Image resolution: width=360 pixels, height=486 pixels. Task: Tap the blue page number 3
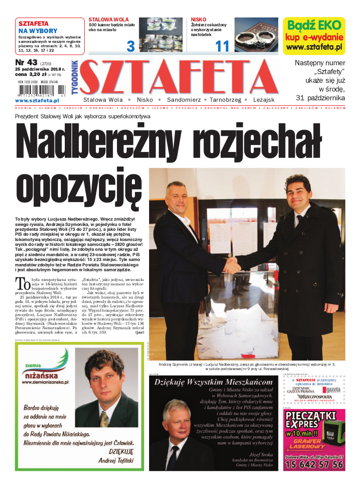(x=130, y=46)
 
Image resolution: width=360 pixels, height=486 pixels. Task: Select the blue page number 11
(x=222, y=46)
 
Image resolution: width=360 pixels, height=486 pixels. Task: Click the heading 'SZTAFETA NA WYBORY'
(x=38, y=27)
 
